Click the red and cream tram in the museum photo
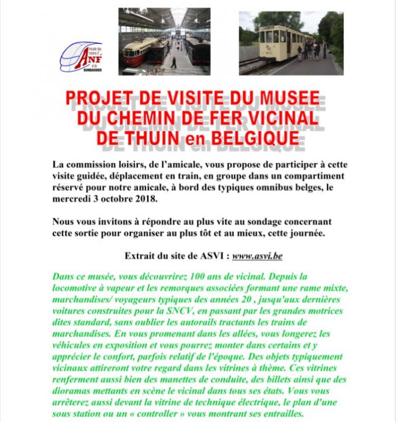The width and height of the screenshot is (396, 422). coord(140,51)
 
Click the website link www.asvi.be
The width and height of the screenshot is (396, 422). coord(257,256)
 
